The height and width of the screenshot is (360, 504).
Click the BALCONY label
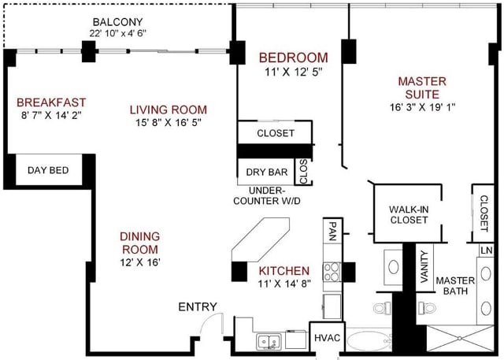(x=118, y=21)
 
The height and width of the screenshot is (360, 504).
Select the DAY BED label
(x=48, y=170)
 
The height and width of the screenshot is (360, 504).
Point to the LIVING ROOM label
(x=168, y=109)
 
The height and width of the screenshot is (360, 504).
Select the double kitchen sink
(x=269, y=341)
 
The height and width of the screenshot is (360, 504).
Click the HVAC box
(x=328, y=338)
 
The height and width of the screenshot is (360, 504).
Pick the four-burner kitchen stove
(x=332, y=272)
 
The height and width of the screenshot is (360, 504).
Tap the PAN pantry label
(x=332, y=230)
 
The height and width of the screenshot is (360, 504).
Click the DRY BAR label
(x=265, y=171)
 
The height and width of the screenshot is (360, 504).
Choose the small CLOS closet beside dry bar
(x=302, y=171)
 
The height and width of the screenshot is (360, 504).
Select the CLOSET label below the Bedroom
(x=276, y=133)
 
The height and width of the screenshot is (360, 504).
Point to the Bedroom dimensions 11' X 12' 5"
(x=293, y=72)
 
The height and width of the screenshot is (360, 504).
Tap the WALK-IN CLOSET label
(x=409, y=214)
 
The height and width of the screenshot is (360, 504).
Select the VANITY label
(x=424, y=266)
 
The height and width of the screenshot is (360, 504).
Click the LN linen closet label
(x=486, y=251)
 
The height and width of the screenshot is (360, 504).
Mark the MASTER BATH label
(x=453, y=285)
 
